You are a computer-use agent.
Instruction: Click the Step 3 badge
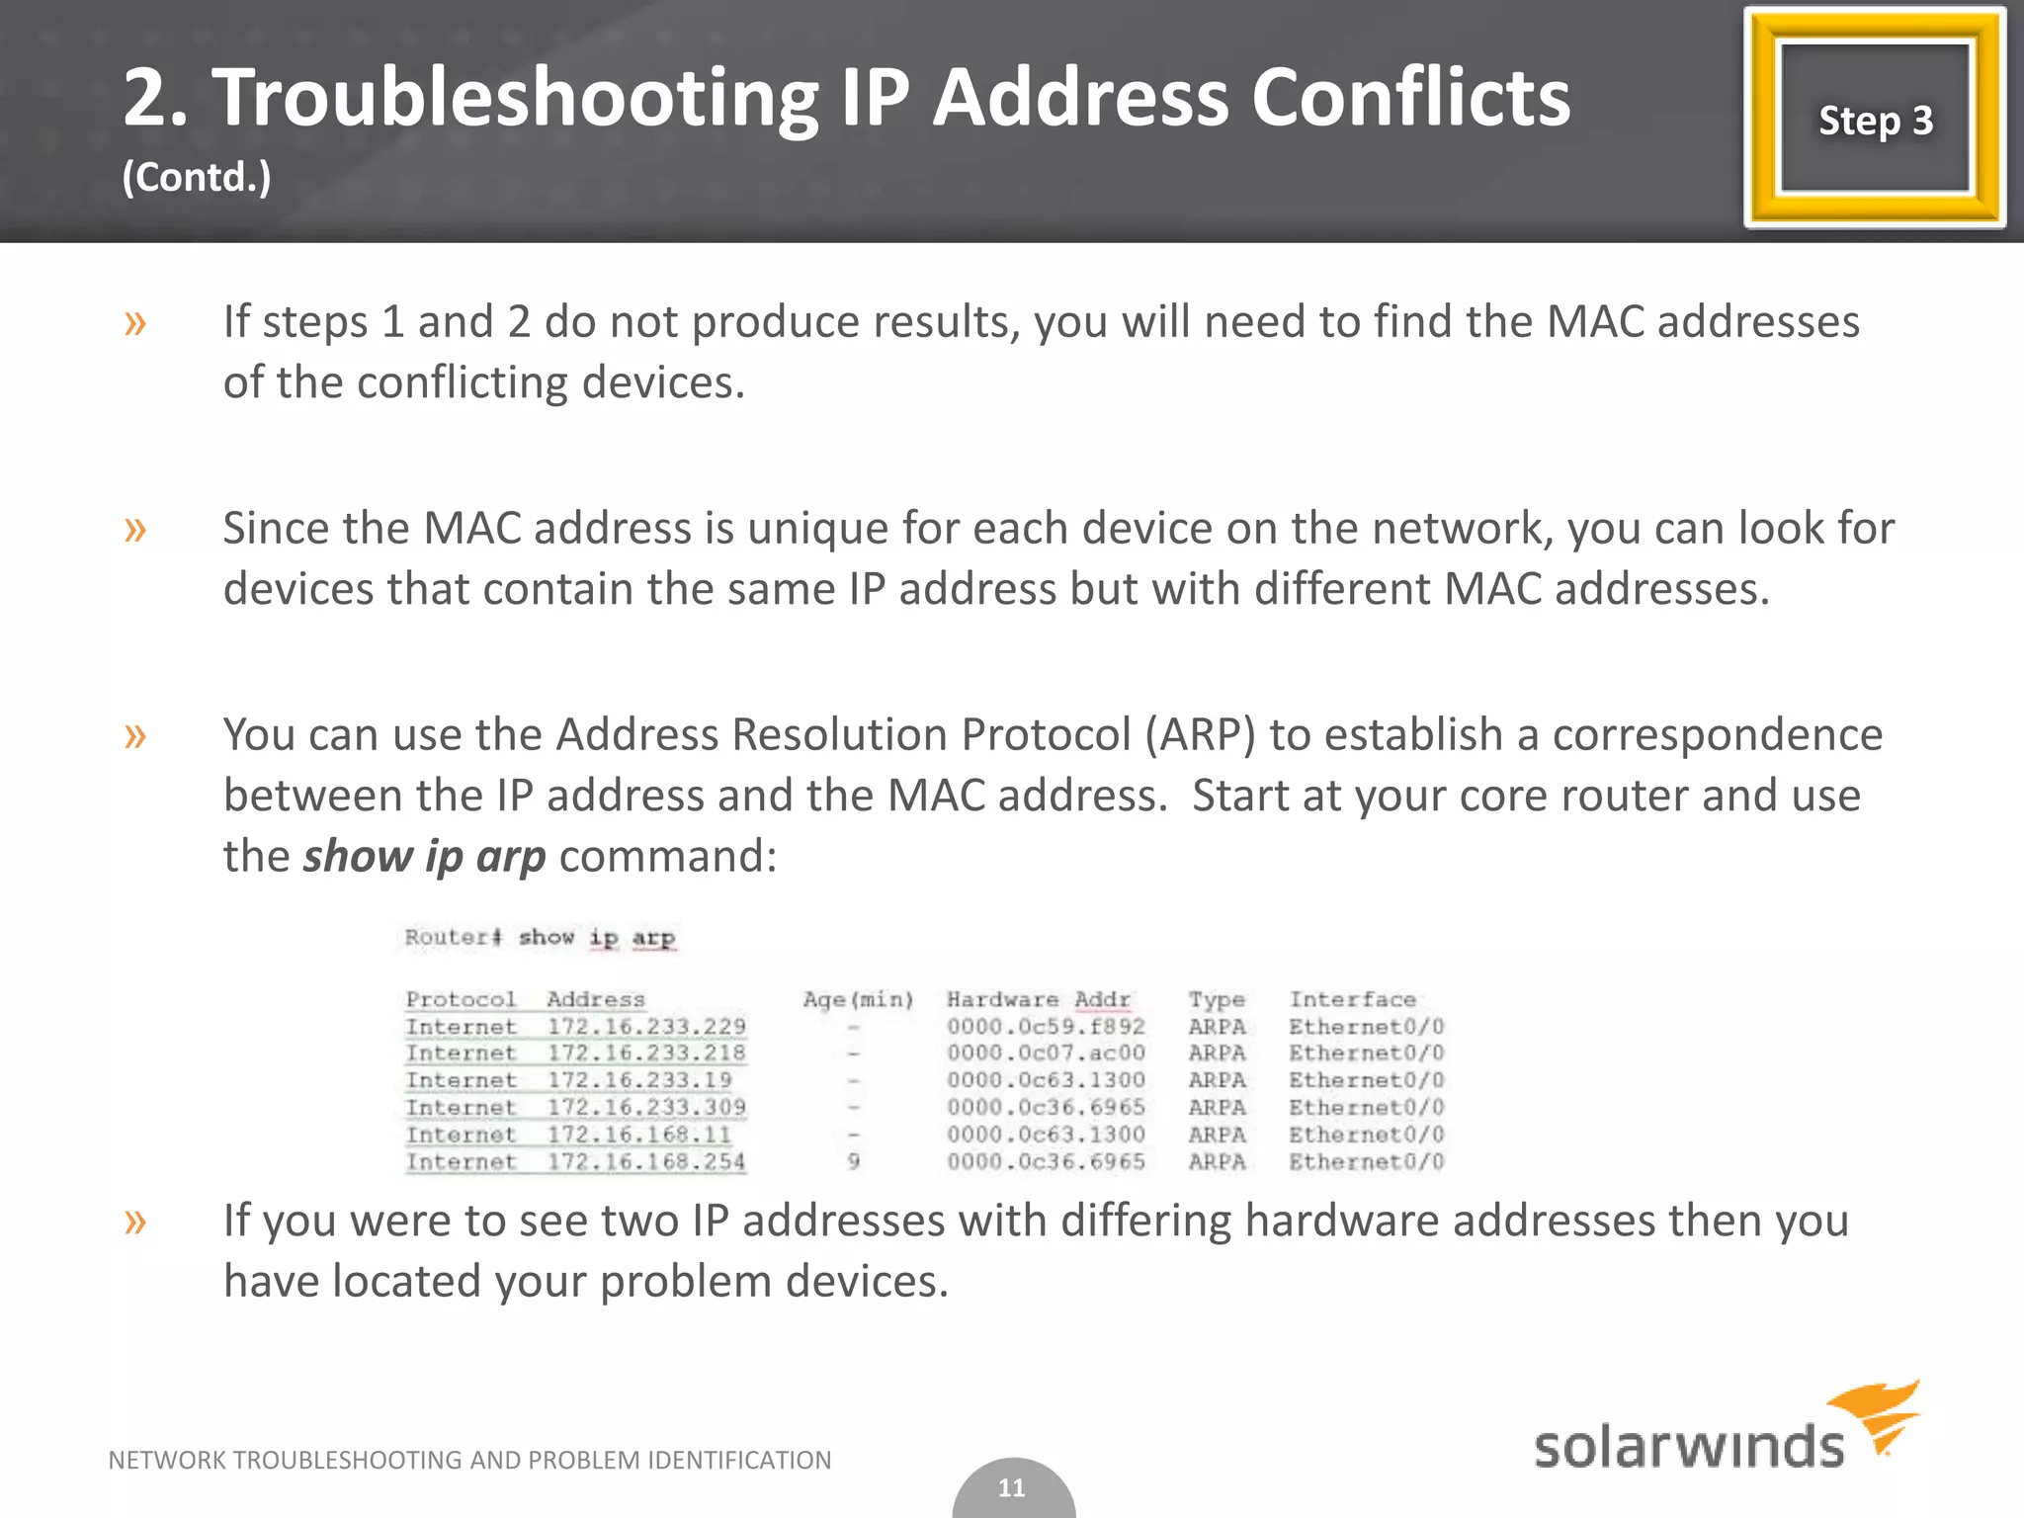pyautogui.click(x=1875, y=120)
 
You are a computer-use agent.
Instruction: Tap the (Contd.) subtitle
pyautogui.click(x=197, y=178)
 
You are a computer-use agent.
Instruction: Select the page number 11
pyautogui.click(x=1012, y=1487)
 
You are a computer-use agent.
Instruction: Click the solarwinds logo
pyautogui.click(x=1725, y=1429)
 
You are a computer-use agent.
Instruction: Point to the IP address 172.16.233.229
pyautogui.click(x=646, y=1027)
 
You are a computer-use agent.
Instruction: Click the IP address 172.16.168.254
pyautogui.click(x=646, y=1162)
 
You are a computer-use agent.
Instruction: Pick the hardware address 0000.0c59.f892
pyautogui.click(x=1046, y=1027)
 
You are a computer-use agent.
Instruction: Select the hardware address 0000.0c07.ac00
pyautogui.click(x=1046, y=1054)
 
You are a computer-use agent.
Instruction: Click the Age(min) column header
pyautogui.click(x=858, y=999)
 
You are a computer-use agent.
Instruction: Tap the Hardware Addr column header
pyautogui.click(x=1038, y=999)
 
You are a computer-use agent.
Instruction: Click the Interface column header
pyautogui.click(x=1352, y=999)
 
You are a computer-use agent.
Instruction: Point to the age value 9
pyautogui.click(x=854, y=1162)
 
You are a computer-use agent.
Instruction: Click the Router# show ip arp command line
pyautogui.click(x=540, y=937)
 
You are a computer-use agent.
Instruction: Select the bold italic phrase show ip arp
pyautogui.click(x=424, y=856)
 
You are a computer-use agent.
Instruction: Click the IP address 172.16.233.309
pyautogui.click(x=646, y=1108)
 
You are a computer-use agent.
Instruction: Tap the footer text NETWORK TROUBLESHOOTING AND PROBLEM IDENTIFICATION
pyautogui.click(x=469, y=1460)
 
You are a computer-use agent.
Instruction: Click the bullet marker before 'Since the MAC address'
pyautogui.click(x=135, y=529)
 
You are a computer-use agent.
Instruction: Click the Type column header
pyautogui.click(x=1216, y=999)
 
